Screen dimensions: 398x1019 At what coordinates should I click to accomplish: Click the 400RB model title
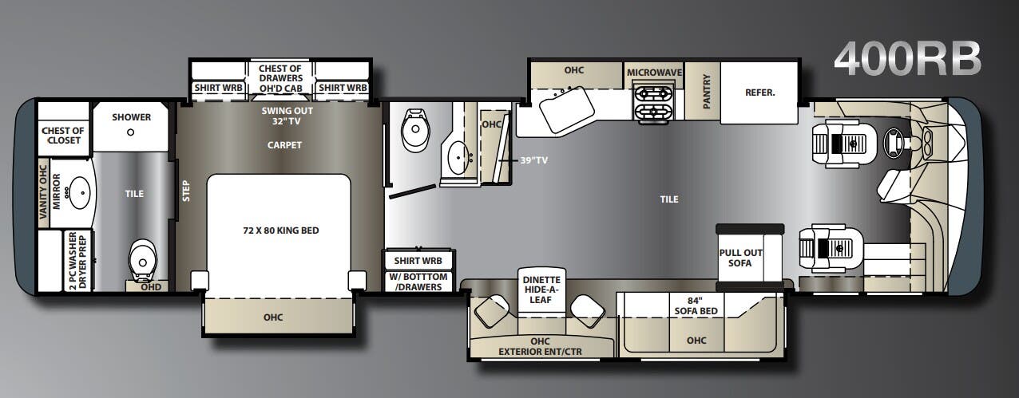907,59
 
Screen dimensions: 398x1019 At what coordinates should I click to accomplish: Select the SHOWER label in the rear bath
131,117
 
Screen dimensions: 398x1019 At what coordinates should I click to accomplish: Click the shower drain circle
130,132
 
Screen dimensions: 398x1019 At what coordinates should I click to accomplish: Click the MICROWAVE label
654,73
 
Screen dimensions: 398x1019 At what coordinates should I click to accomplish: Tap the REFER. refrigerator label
759,93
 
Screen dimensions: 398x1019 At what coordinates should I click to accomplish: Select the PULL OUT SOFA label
739,258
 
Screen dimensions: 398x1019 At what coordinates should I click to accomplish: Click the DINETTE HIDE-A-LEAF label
541,291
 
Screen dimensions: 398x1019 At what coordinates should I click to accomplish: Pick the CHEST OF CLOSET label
63,136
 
